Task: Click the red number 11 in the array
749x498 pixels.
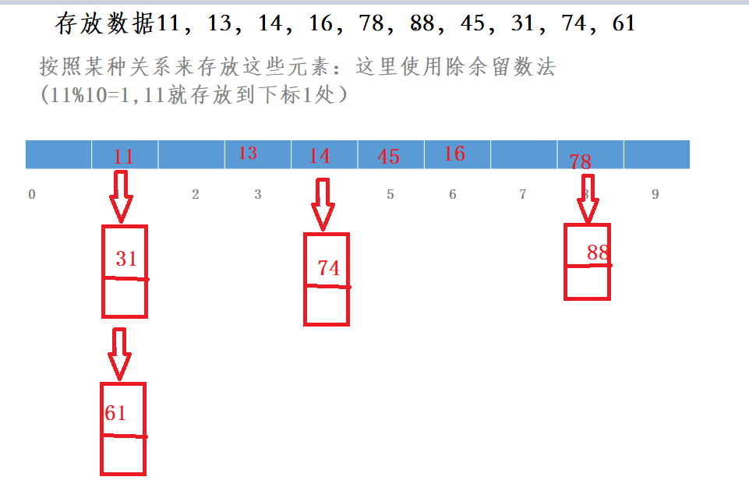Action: point(123,157)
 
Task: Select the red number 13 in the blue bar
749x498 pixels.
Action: point(248,153)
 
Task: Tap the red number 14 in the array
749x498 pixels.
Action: point(320,156)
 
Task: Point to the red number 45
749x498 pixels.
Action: point(388,157)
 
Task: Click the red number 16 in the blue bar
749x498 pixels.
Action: point(454,154)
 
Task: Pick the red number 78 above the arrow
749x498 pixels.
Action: point(580,162)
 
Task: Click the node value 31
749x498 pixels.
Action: point(126,259)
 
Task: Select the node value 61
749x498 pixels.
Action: point(115,413)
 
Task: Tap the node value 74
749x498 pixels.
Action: point(329,268)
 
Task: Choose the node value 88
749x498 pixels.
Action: point(598,253)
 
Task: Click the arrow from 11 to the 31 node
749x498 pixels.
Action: point(121,197)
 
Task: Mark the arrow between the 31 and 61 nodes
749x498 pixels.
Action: point(119,352)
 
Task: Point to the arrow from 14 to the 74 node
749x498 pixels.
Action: point(323,204)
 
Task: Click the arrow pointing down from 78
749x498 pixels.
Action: point(588,198)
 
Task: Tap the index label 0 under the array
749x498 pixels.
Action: point(31,194)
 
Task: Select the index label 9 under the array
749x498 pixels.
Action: point(655,194)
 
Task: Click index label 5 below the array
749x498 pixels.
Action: point(390,194)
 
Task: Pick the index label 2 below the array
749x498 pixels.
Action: point(196,194)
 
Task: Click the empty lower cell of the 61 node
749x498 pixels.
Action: point(123,455)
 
